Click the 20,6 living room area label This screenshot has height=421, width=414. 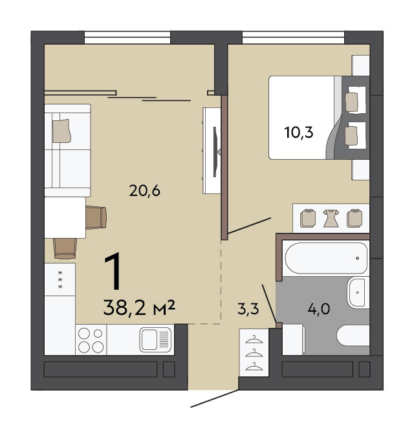click(144, 191)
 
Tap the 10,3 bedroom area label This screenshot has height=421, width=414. click(299, 133)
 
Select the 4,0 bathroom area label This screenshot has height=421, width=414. click(319, 308)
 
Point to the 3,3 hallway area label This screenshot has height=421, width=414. click(248, 308)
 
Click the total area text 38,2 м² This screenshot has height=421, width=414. click(139, 308)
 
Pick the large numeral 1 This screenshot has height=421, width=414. click(113, 271)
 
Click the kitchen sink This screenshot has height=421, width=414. click(155, 340)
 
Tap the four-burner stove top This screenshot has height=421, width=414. click(91, 340)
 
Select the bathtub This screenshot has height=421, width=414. click(326, 258)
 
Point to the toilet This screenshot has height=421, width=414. click(353, 336)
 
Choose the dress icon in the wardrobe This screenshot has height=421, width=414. click(331, 219)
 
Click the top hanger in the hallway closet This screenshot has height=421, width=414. click(254, 340)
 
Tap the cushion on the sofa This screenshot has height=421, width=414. click(61, 131)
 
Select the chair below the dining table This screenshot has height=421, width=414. click(65, 248)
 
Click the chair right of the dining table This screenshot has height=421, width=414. click(96, 217)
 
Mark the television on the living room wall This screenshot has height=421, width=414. click(215, 152)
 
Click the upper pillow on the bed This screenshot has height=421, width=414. click(352, 102)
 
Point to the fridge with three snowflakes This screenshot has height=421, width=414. click(60, 279)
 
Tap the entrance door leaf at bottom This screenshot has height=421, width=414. click(214, 399)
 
